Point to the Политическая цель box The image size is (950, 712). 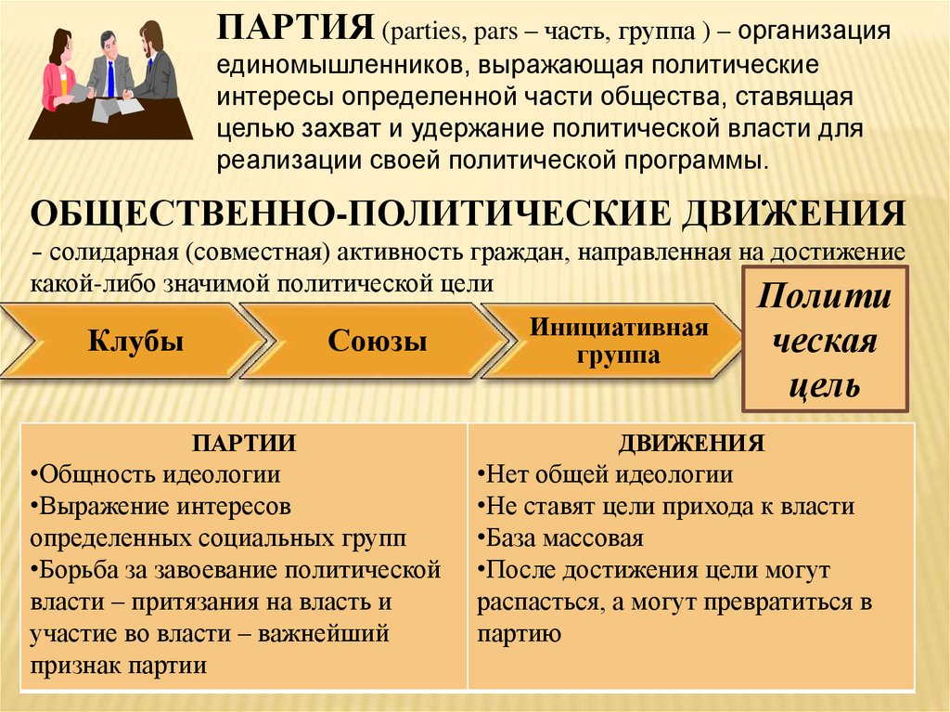824,341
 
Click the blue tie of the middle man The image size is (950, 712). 110,79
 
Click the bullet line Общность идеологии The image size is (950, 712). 156,475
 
